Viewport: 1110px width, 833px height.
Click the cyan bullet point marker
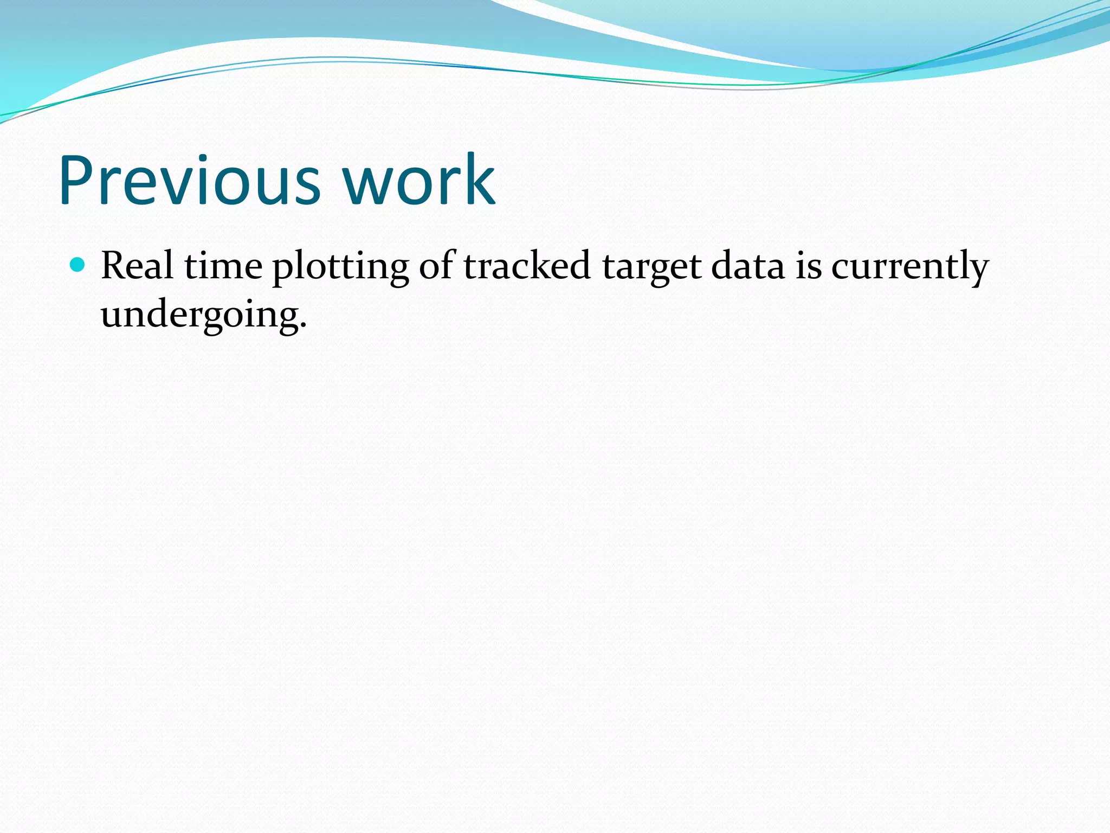coord(78,265)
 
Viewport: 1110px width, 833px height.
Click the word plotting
coord(340,267)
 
